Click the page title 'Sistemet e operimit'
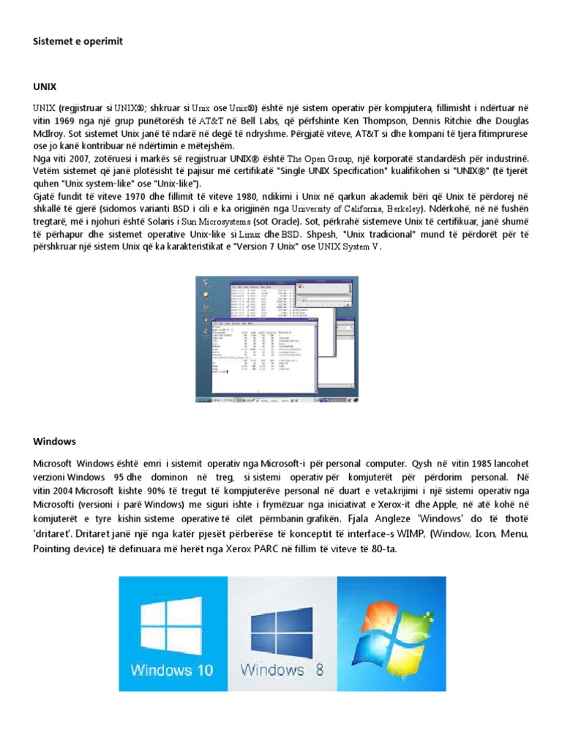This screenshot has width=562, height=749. [78, 42]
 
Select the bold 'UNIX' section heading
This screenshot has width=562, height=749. [45, 86]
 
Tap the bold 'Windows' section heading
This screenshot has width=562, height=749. [55, 442]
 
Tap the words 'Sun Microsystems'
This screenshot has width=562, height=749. [213, 222]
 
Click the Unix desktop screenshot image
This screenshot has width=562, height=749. [277, 339]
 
